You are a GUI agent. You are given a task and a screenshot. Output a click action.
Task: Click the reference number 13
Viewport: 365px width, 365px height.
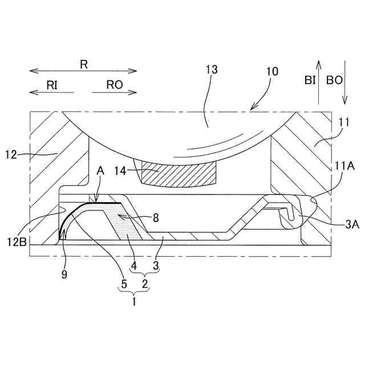(212, 70)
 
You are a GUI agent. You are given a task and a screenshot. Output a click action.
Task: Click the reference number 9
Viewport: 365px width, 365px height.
(65, 274)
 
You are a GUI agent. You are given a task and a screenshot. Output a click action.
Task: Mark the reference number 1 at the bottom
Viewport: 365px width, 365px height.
(134, 302)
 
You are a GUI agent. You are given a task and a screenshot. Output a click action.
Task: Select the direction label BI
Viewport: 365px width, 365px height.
(310, 80)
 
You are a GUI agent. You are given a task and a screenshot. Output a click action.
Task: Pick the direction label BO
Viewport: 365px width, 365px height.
(334, 80)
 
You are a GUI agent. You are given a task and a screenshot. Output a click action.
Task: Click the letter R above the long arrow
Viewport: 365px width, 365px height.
(83, 64)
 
